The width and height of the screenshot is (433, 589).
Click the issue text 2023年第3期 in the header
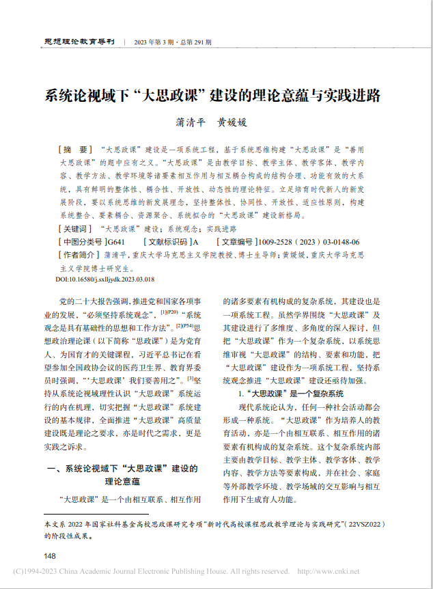click(158, 42)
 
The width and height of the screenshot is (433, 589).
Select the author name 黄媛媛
click(232, 122)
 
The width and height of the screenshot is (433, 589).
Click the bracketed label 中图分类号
click(80, 242)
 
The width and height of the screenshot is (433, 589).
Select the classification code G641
click(117, 242)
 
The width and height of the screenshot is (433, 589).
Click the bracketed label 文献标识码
click(167, 242)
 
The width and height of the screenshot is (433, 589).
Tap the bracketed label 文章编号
click(237, 242)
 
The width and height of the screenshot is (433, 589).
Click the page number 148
click(50, 555)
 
